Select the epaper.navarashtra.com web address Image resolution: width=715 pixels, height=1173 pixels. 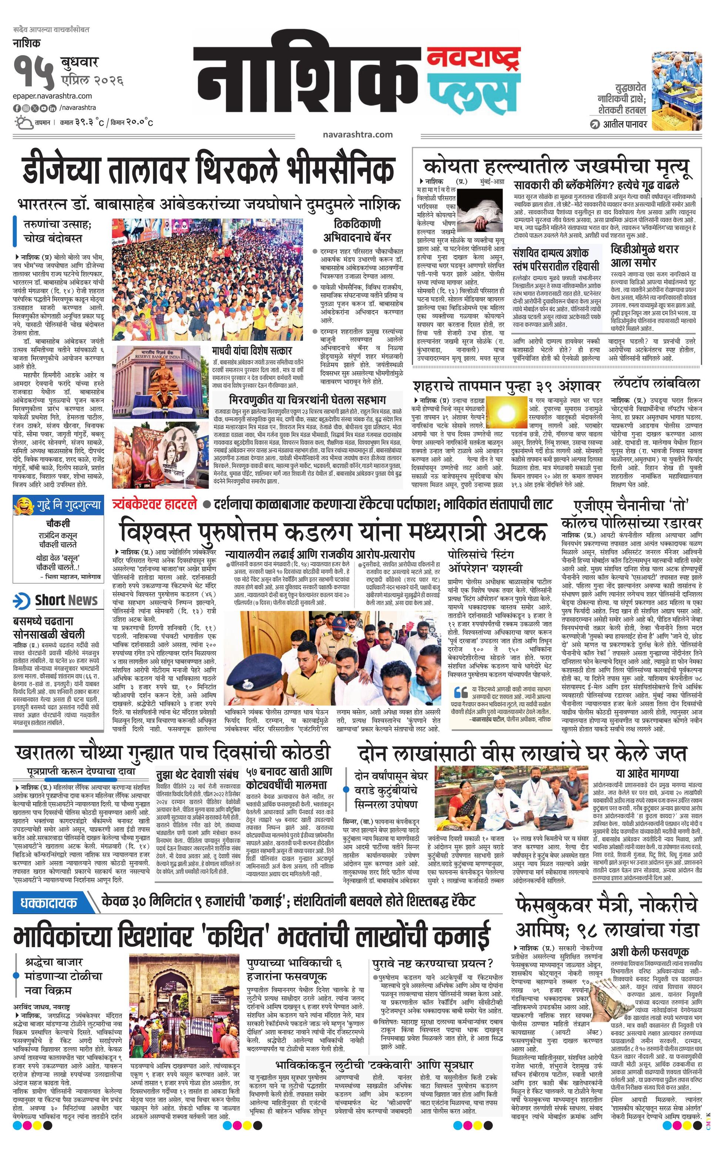tap(53, 96)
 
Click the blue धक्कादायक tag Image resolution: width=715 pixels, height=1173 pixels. tap(49, 903)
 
